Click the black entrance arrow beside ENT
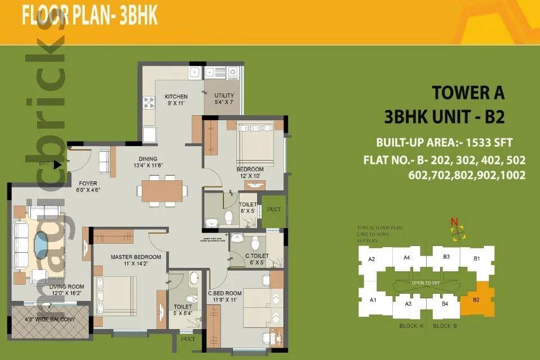57,165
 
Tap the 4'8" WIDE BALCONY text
49,319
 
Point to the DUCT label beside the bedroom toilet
274,209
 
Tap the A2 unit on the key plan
371,259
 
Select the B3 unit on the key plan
446,257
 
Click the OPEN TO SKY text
425,282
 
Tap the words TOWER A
468,92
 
